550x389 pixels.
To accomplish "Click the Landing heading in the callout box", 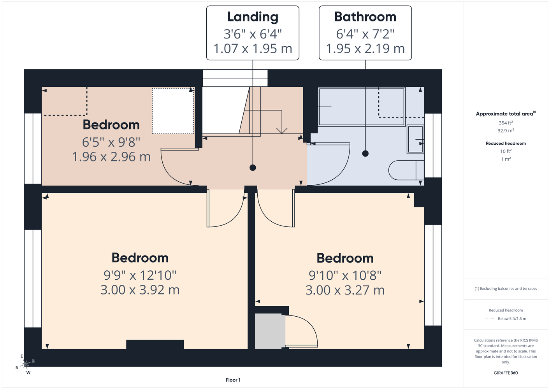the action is click(x=253, y=17).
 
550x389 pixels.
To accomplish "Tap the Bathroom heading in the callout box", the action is click(x=365, y=17).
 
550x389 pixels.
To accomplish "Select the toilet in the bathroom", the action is click(x=406, y=170).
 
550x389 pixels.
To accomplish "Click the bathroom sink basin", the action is click(x=415, y=139).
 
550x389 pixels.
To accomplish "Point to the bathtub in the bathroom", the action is click(x=362, y=107).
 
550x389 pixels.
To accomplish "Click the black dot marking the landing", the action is click(x=253, y=168).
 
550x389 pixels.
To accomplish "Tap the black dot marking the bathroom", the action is click(x=365, y=153).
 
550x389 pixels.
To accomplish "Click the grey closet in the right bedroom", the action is click(x=270, y=331).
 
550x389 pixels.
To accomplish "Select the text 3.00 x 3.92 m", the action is click(x=140, y=290).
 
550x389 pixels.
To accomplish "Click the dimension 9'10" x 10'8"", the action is click(x=345, y=275).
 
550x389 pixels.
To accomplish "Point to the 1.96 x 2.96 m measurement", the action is click(x=111, y=157).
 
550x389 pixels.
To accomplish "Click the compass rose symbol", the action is click(x=25, y=364).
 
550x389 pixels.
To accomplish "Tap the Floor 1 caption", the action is click(x=233, y=380).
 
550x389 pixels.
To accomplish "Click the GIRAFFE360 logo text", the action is click(x=506, y=373).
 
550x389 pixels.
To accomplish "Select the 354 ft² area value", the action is click(x=506, y=123).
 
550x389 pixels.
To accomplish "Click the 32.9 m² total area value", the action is click(x=506, y=131).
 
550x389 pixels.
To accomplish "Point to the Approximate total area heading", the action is click(x=506, y=114).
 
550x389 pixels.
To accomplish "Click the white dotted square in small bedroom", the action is click(x=173, y=111).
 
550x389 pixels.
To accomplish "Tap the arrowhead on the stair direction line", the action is click(x=282, y=131).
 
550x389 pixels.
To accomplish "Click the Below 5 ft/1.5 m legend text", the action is click(x=512, y=319).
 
